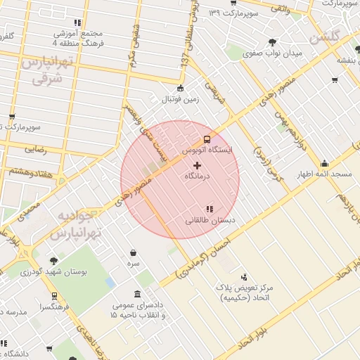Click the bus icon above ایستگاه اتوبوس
point(206,139)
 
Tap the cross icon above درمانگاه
point(196,165)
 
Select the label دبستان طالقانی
point(210,221)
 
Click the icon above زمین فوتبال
point(181,89)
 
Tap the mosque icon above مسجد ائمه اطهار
point(324,163)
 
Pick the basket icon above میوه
point(133,252)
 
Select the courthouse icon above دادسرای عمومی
point(137,295)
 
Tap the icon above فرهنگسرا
point(54,296)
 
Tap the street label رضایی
point(35,148)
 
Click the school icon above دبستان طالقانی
point(210,209)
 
